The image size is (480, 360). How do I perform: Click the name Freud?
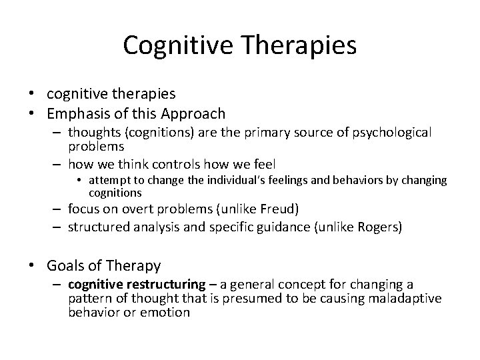(283, 209)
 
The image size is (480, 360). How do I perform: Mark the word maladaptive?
(408, 298)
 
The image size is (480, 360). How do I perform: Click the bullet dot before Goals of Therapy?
(33, 266)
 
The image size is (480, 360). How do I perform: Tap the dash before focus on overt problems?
(57, 209)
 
